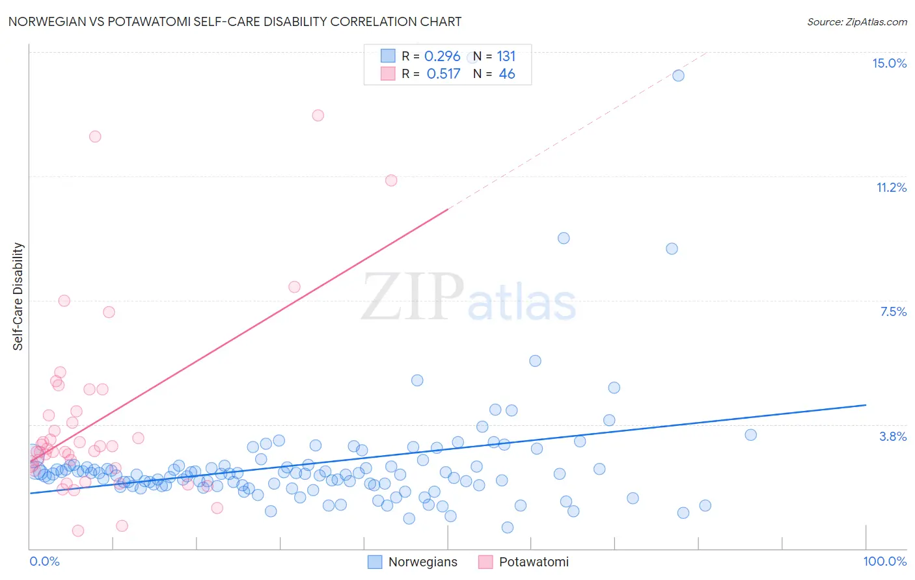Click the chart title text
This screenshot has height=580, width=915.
coord(235,21)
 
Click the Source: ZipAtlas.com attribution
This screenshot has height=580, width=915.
coord(856,21)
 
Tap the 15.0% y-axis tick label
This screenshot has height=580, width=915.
coord(889,63)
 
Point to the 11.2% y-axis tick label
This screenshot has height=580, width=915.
coord(891,187)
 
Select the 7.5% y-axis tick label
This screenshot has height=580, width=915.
coord(893,311)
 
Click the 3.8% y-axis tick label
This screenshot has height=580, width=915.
coord(893,436)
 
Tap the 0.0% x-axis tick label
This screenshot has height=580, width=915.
coord(44,561)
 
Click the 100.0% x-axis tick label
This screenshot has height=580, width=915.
coord(884,561)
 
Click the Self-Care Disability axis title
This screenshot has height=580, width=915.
coord(18,297)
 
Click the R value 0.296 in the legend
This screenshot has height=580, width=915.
coord(442,57)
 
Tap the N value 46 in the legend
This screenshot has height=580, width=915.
coord(506,74)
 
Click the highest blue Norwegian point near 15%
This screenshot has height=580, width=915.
coord(678,75)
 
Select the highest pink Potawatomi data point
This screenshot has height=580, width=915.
coord(318,116)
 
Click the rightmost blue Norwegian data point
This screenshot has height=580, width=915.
coord(750,435)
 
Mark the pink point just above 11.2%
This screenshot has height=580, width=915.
coord(391,180)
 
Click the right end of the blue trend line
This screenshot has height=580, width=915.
coord(866,405)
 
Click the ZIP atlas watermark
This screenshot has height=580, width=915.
coord(469,297)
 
